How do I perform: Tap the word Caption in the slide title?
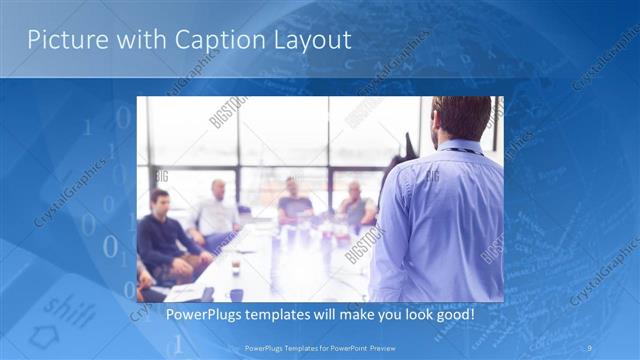click(x=214, y=40)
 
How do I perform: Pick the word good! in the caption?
click(x=450, y=315)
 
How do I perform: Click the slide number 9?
click(x=589, y=348)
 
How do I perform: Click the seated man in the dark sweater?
click(x=164, y=240)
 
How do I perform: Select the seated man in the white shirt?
click(x=216, y=212)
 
